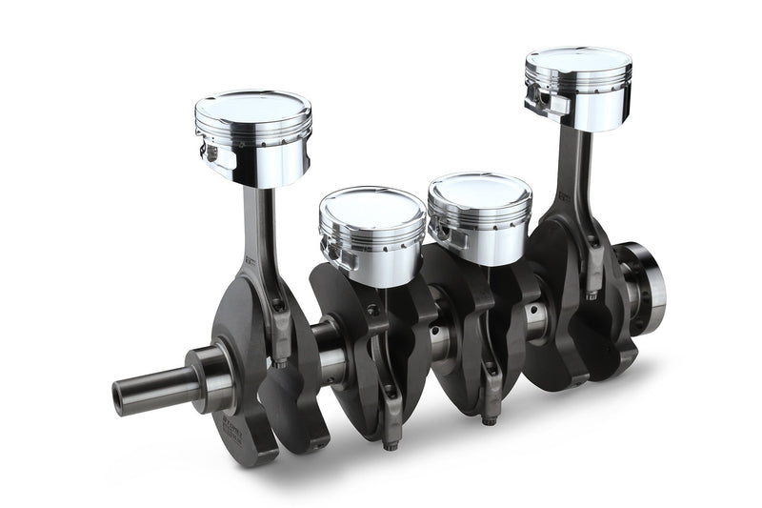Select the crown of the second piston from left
click(x=371, y=202)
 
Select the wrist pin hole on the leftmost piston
click(x=210, y=152)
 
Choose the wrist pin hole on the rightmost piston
click(x=536, y=97)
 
